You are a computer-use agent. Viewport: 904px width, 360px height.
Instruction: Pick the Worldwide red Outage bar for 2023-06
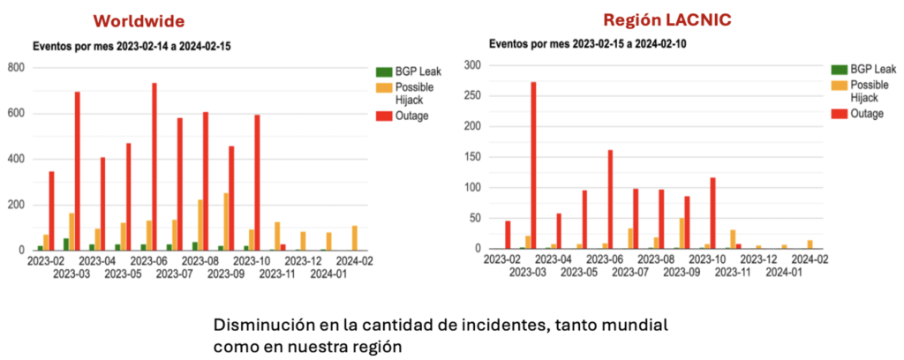click(x=154, y=167)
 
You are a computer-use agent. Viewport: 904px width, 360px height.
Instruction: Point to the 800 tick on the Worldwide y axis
click(x=16, y=68)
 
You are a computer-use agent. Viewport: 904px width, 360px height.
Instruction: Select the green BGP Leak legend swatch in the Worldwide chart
click(x=384, y=71)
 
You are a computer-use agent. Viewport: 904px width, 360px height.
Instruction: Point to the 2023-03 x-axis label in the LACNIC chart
click(x=528, y=273)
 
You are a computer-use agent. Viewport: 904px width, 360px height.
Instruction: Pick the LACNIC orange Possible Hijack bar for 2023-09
click(x=682, y=233)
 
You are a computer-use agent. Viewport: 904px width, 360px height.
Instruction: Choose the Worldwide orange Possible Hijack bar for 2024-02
click(x=354, y=238)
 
